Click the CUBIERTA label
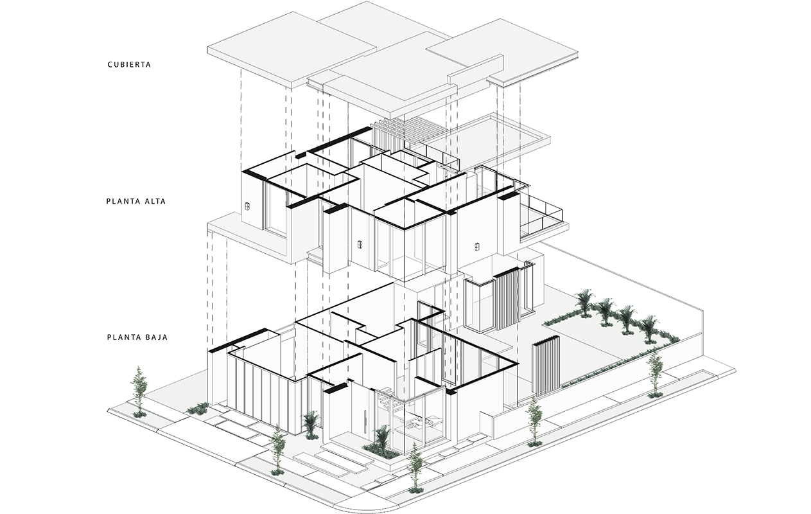click(x=128, y=65)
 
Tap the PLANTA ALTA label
click(x=136, y=201)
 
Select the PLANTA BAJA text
click(x=137, y=336)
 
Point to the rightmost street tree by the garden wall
click(x=655, y=373)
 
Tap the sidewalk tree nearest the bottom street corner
click(x=415, y=466)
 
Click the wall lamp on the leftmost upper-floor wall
click(x=247, y=207)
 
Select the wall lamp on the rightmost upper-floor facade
click(x=477, y=245)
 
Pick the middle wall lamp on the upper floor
click(x=360, y=244)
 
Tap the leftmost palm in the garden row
click(x=584, y=301)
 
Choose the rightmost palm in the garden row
click(x=650, y=326)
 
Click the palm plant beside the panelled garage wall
click(x=311, y=423)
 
